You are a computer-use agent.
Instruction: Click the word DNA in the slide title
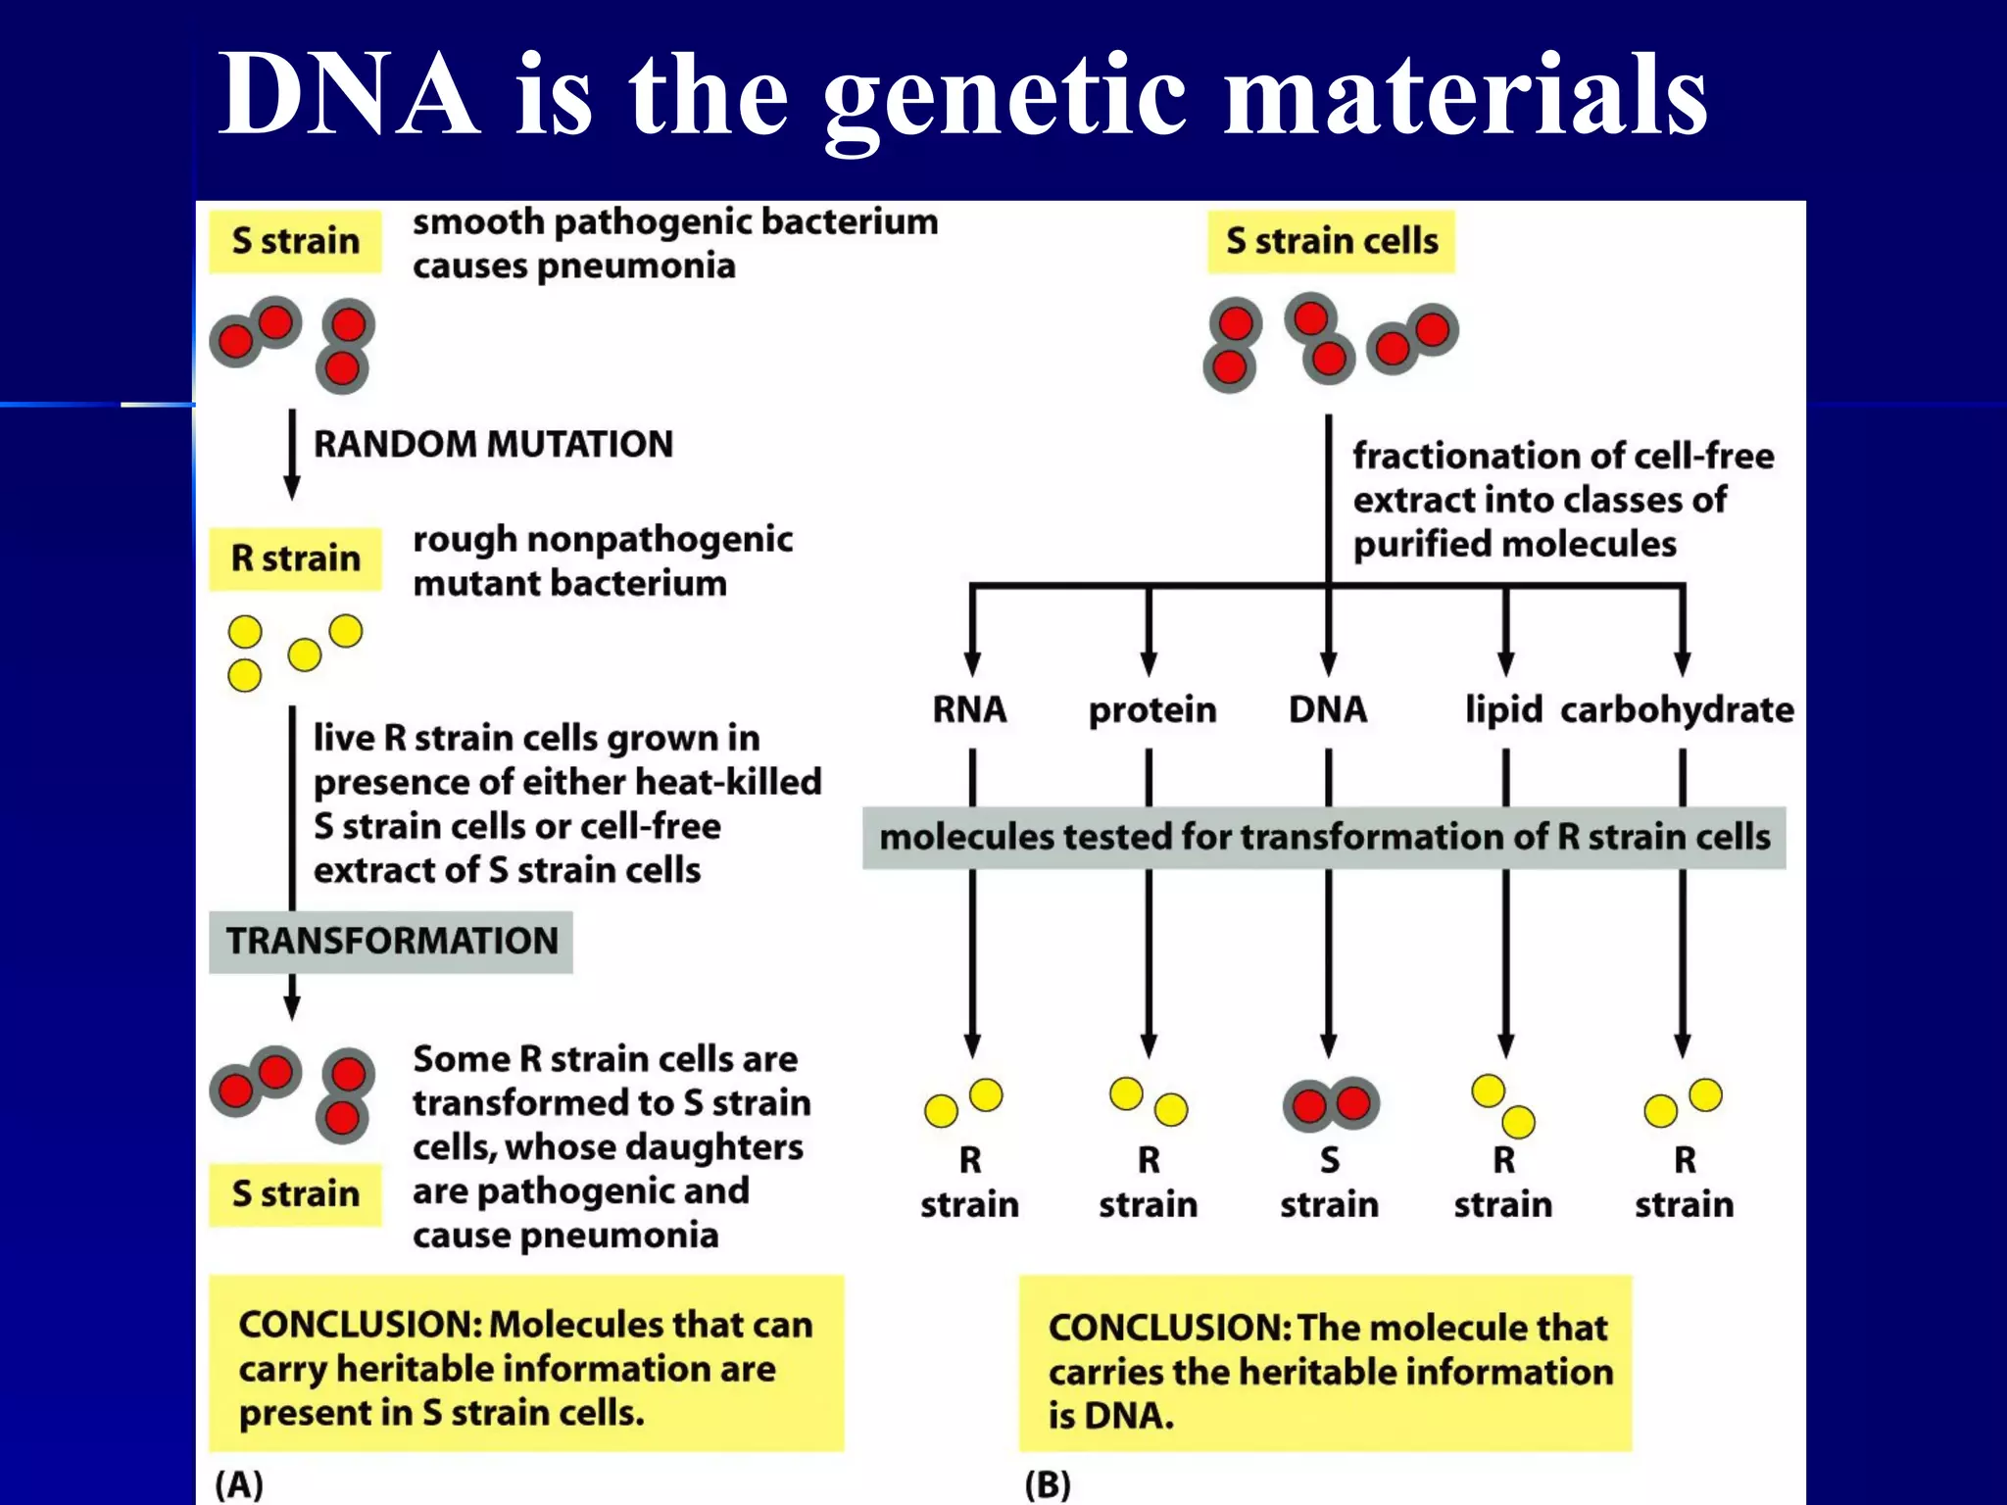348,95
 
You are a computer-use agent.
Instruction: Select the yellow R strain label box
295,558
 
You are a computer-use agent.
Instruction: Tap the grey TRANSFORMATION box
391,942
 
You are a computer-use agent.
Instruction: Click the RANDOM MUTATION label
493,445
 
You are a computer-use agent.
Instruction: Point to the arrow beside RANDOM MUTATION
291,455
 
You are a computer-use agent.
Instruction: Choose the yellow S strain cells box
1331,242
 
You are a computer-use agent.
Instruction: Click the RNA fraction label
969,709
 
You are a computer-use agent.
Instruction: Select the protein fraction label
1151,709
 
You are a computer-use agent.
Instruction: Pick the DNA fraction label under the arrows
1327,709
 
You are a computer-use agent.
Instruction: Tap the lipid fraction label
1503,709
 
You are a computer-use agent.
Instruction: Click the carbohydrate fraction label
1677,709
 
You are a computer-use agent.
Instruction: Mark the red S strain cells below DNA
1331,1104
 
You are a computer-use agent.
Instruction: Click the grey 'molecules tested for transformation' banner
1324,838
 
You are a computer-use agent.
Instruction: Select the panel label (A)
239,1484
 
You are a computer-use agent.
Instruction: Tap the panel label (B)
1048,1484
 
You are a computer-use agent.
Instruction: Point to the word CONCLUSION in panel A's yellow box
359,1325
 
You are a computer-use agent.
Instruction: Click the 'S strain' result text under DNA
1329,1183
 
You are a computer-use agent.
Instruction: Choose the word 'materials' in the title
1466,95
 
